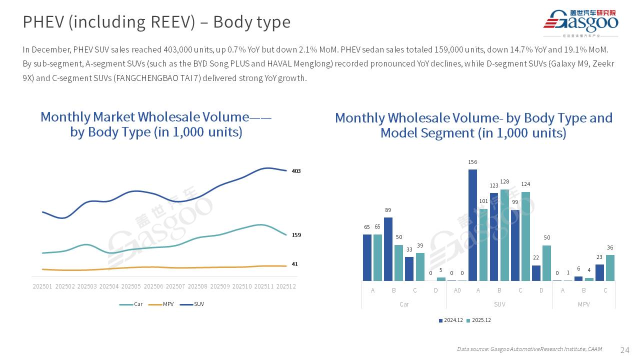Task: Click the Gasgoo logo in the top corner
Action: [580, 23]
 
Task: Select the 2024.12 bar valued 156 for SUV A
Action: [472, 225]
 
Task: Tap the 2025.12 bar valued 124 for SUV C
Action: [525, 236]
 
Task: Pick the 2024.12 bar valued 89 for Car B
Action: [388, 249]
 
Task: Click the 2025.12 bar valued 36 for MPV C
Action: [610, 267]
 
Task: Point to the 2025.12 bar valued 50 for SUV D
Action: [546, 262]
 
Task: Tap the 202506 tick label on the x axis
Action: [153, 286]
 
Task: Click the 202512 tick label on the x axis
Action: [286, 286]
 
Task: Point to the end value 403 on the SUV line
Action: [296, 171]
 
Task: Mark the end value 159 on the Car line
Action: [296, 235]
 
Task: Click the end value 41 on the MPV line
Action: [294, 264]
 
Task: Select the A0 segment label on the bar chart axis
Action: [457, 290]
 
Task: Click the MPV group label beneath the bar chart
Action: [583, 304]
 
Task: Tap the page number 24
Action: [624, 349]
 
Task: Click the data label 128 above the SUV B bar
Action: [504, 182]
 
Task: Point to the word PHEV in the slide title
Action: [42, 22]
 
